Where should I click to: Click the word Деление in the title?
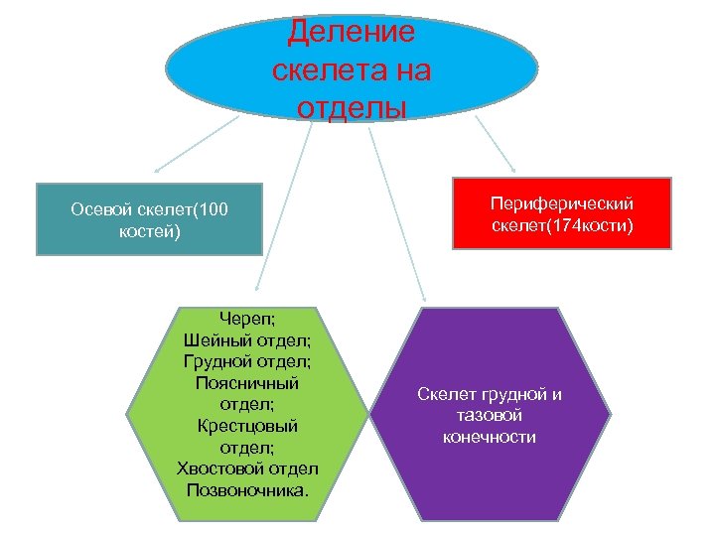[x=351, y=32]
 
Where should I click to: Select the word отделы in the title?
[x=351, y=106]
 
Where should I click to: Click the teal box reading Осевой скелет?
[x=149, y=219]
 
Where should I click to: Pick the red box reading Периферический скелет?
[x=562, y=213]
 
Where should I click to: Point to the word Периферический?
[x=562, y=203]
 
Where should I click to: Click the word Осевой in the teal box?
[x=103, y=209]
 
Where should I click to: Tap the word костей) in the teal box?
[x=149, y=231]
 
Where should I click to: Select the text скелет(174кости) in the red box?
[x=562, y=225]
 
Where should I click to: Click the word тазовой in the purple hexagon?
[x=490, y=416]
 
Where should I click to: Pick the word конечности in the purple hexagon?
[x=490, y=437]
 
